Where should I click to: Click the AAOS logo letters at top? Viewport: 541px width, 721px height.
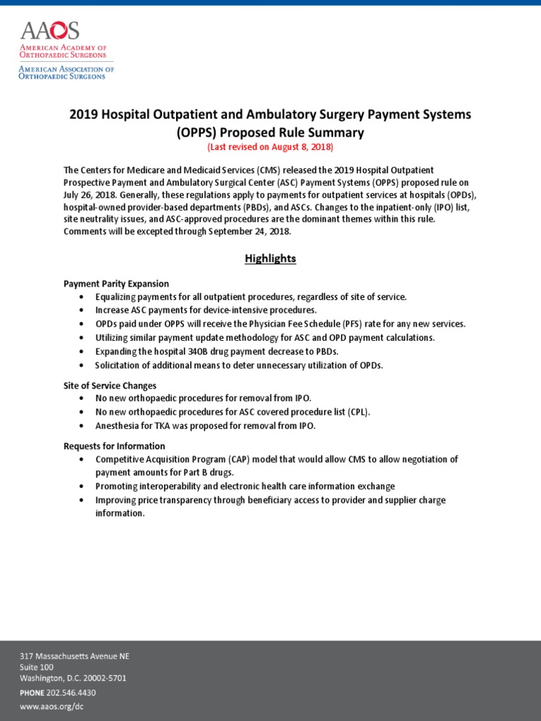[x=50, y=31]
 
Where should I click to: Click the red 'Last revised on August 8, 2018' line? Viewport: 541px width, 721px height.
[x=270, y=147]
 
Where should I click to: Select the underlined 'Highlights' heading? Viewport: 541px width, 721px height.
[x=270, y=258]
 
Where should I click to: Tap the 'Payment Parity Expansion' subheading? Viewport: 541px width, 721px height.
[x=116, y=284]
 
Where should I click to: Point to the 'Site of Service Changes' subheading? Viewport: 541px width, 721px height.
[x=110, y=386]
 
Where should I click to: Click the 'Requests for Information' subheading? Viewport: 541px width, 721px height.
[x=114, y=446]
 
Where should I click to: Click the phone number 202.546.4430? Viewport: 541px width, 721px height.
[x=71, y=692]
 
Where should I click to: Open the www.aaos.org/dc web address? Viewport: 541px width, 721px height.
[x=51, y=706]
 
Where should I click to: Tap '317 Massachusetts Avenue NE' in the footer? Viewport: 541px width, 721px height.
[x=74, y=656]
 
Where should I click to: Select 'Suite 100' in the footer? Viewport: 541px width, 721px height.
[x=36, y=667]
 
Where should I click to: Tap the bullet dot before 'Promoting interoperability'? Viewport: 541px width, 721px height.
[x=82, y=487]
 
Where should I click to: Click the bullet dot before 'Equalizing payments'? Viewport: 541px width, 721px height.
[x=82, y=297]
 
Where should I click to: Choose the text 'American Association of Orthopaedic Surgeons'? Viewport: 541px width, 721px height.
[x=66, y=73]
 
